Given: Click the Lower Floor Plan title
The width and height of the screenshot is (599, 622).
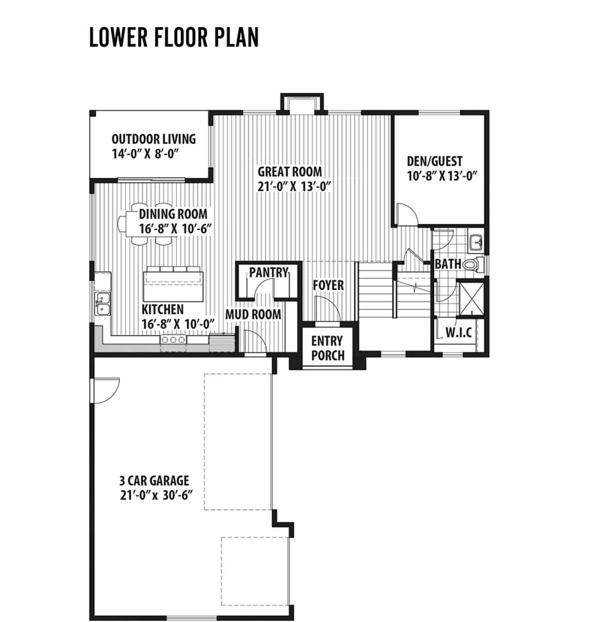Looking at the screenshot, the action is coord(174,37).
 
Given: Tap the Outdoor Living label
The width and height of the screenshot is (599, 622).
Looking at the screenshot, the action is coord(153,139).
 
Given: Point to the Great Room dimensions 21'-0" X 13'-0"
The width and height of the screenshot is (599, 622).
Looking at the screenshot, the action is coord(294,186).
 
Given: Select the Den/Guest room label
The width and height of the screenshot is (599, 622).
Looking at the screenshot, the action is coord(434,161).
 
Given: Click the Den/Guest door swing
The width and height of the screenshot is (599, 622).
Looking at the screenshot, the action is coord(407,214).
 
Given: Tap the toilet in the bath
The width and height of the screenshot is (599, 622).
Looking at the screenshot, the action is coord(473,265).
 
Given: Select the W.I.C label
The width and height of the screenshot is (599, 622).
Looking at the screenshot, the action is coord(459,333).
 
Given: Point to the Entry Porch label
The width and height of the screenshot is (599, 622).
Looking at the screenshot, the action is coord(327,348).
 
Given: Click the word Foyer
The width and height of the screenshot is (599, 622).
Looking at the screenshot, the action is coord(328,286).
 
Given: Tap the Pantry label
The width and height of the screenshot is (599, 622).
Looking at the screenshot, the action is coord(269,273).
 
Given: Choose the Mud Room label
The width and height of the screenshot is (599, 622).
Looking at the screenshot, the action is coord(253,314).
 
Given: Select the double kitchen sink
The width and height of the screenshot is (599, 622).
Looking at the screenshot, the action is coord(103,304).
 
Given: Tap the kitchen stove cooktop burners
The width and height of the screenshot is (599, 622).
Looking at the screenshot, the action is coord(173,339).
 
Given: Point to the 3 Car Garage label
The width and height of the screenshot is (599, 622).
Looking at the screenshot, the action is coord(154,480).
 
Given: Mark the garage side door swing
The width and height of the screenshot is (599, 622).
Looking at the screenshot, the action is coord(105,390).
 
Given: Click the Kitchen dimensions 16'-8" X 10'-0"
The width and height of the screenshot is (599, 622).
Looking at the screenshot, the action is coord(178,324).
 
